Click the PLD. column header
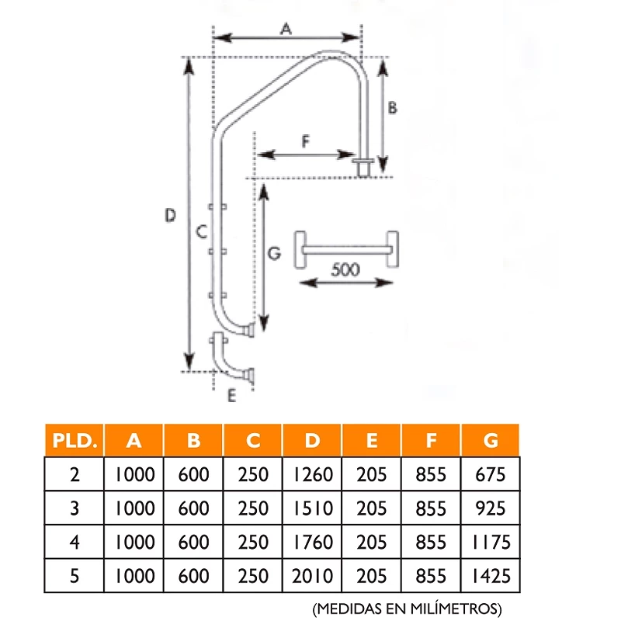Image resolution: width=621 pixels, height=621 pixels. click(75, 440)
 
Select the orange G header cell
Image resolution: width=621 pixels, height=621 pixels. click(491, 440)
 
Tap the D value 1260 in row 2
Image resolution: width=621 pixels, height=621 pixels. click(313, 474)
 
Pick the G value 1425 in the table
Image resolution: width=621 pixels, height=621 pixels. click(491, 576)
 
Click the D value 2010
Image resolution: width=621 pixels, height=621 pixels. click(313, 576)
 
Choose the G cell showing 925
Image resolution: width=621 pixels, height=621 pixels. click(491, 508)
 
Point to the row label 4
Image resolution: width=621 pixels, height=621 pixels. click(75, 542)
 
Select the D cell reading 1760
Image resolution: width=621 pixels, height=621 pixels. click(313, 542)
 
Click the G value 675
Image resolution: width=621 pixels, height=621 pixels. click(491, 474)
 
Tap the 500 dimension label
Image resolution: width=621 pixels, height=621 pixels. click(345, 269)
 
